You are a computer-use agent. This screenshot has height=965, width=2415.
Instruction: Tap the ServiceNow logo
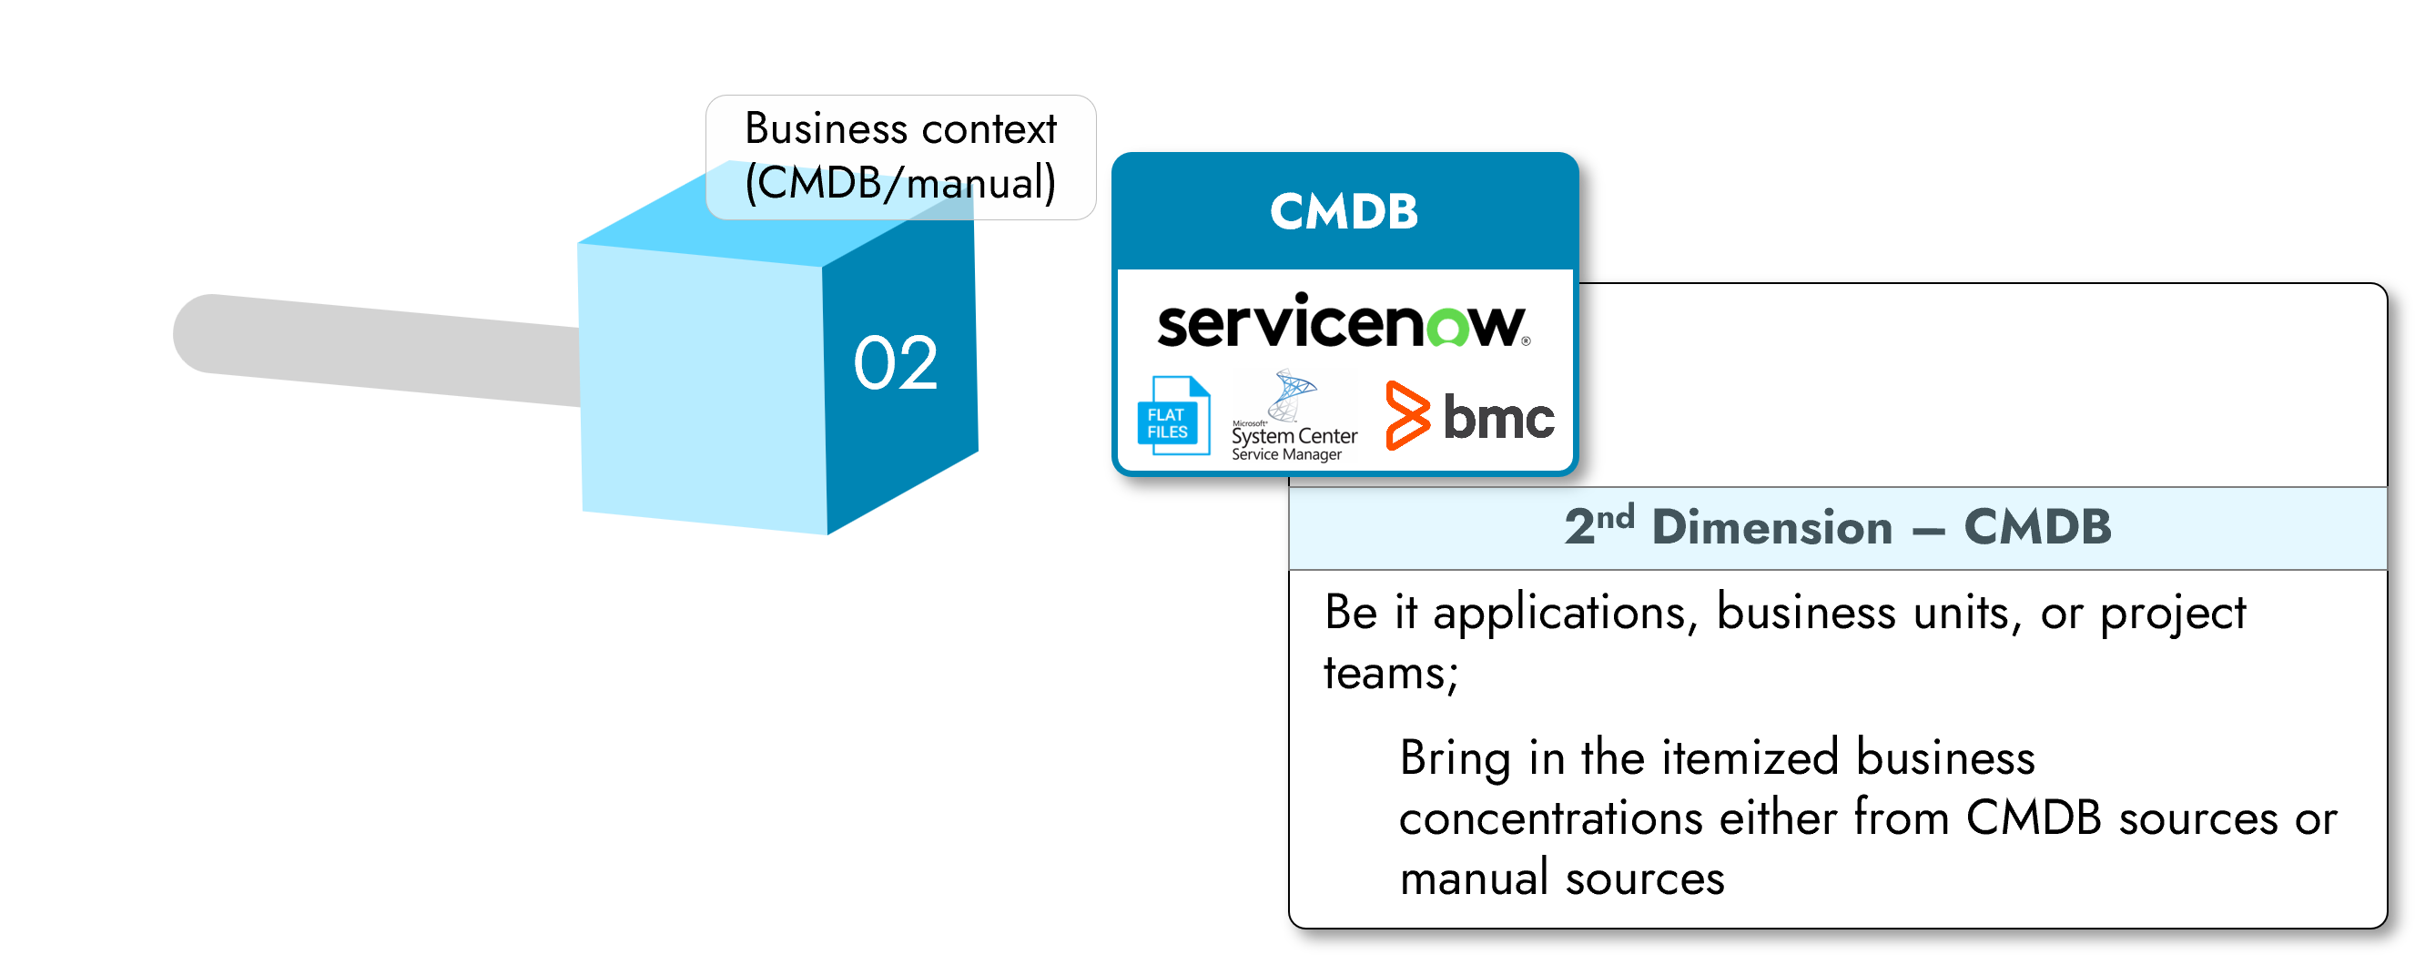[x=1344, y=323]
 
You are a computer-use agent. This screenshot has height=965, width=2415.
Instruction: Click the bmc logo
[x=1470, y=415]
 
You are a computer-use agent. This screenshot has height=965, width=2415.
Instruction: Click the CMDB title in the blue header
[x=1344, y=211]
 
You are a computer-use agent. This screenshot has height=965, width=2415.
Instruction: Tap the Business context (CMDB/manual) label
[x=900, y=156]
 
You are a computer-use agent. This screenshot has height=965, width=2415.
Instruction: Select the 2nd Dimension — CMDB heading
[x=1838, y=527]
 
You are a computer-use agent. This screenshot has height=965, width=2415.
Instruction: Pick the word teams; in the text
[x=1390, y=674]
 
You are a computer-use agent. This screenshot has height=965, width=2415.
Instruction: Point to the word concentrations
[x=1549, y=818]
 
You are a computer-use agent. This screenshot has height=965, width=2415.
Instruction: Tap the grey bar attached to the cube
[x=375, y=349]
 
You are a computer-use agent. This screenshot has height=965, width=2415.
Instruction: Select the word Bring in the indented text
[x=1454, y=757]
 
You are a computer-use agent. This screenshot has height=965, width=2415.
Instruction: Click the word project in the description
[x=2172, y=615]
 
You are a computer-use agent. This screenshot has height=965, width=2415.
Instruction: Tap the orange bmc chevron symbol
[x=1407, y=415]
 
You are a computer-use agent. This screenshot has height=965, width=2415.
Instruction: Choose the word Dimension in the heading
[x=1771, y=527]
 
